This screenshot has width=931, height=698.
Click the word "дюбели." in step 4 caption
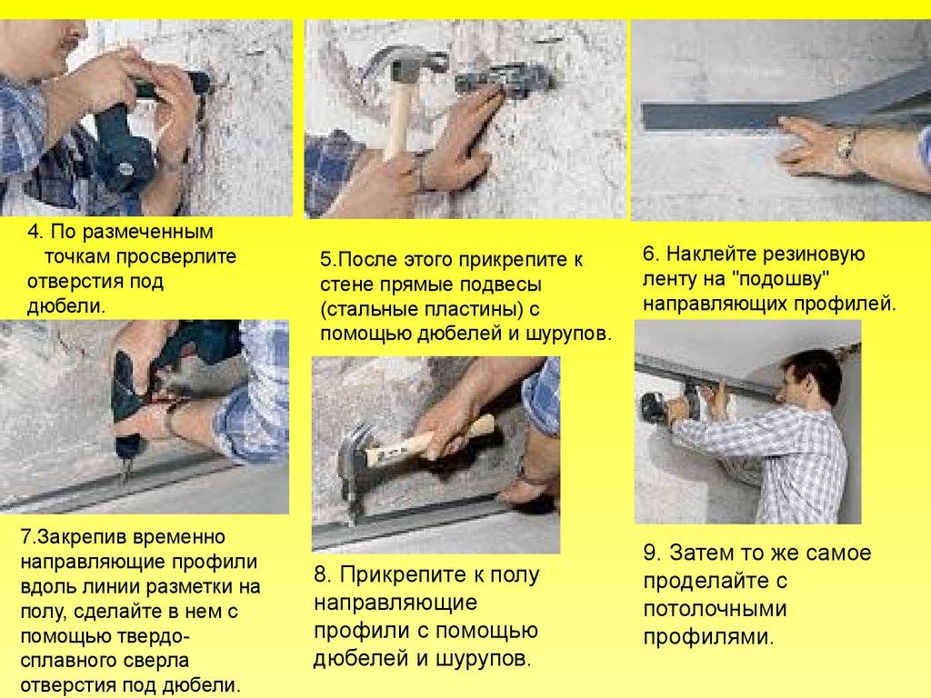point(65,306)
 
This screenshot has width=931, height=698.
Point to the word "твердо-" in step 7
point(155,636)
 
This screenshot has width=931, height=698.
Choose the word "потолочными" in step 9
point(715,609)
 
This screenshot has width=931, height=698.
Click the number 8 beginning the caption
point(321,574)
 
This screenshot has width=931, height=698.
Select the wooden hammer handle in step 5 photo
point(398,122)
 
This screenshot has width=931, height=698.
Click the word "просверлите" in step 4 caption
point(175,257)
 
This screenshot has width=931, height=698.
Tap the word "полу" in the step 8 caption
point(514,575)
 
